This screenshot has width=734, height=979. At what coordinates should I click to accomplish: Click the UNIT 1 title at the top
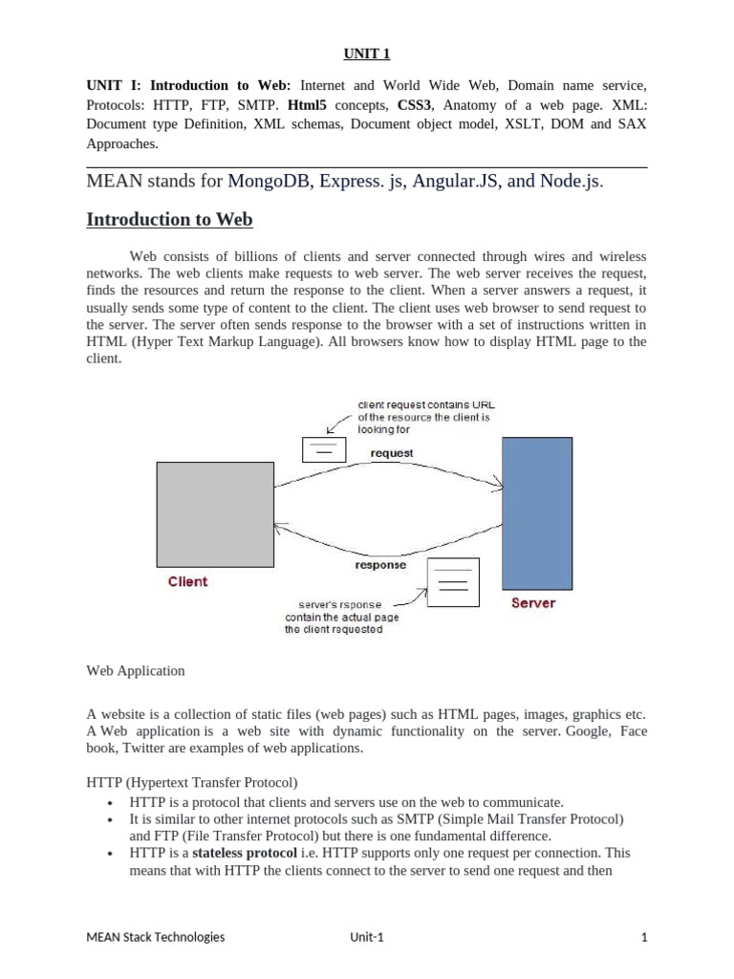[x=366, y=54]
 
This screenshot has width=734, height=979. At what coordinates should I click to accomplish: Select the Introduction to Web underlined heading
[x=169, y=219]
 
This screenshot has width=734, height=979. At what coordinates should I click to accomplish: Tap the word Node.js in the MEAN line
[x=571, y=181]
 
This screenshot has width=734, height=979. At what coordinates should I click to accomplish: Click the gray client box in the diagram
[x=215, y=514]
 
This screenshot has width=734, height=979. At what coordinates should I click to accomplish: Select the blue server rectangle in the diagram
[x=537, y=512]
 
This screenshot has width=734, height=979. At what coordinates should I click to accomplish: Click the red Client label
[x=187, y=581]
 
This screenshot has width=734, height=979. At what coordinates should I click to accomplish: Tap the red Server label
[x=532, y=603]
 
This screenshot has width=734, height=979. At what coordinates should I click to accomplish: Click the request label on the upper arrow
[x=391, y=453]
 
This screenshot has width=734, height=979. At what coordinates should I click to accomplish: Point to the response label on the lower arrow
[x=380, y=565]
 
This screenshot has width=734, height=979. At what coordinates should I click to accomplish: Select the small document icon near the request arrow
[x=324, y=449]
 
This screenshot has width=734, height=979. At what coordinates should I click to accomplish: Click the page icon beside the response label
[x=452, y=581]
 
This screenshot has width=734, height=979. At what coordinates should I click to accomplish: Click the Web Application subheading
[x=135, y=671]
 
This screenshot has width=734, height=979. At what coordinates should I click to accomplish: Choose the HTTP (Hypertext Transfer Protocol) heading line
[x=192, y=783]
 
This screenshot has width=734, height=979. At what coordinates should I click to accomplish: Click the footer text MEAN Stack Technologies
[x=156, y=937]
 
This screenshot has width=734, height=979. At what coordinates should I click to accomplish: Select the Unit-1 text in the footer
[x=366, y=937]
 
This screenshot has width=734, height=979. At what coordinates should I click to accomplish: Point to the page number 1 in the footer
[x=644, y=937]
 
